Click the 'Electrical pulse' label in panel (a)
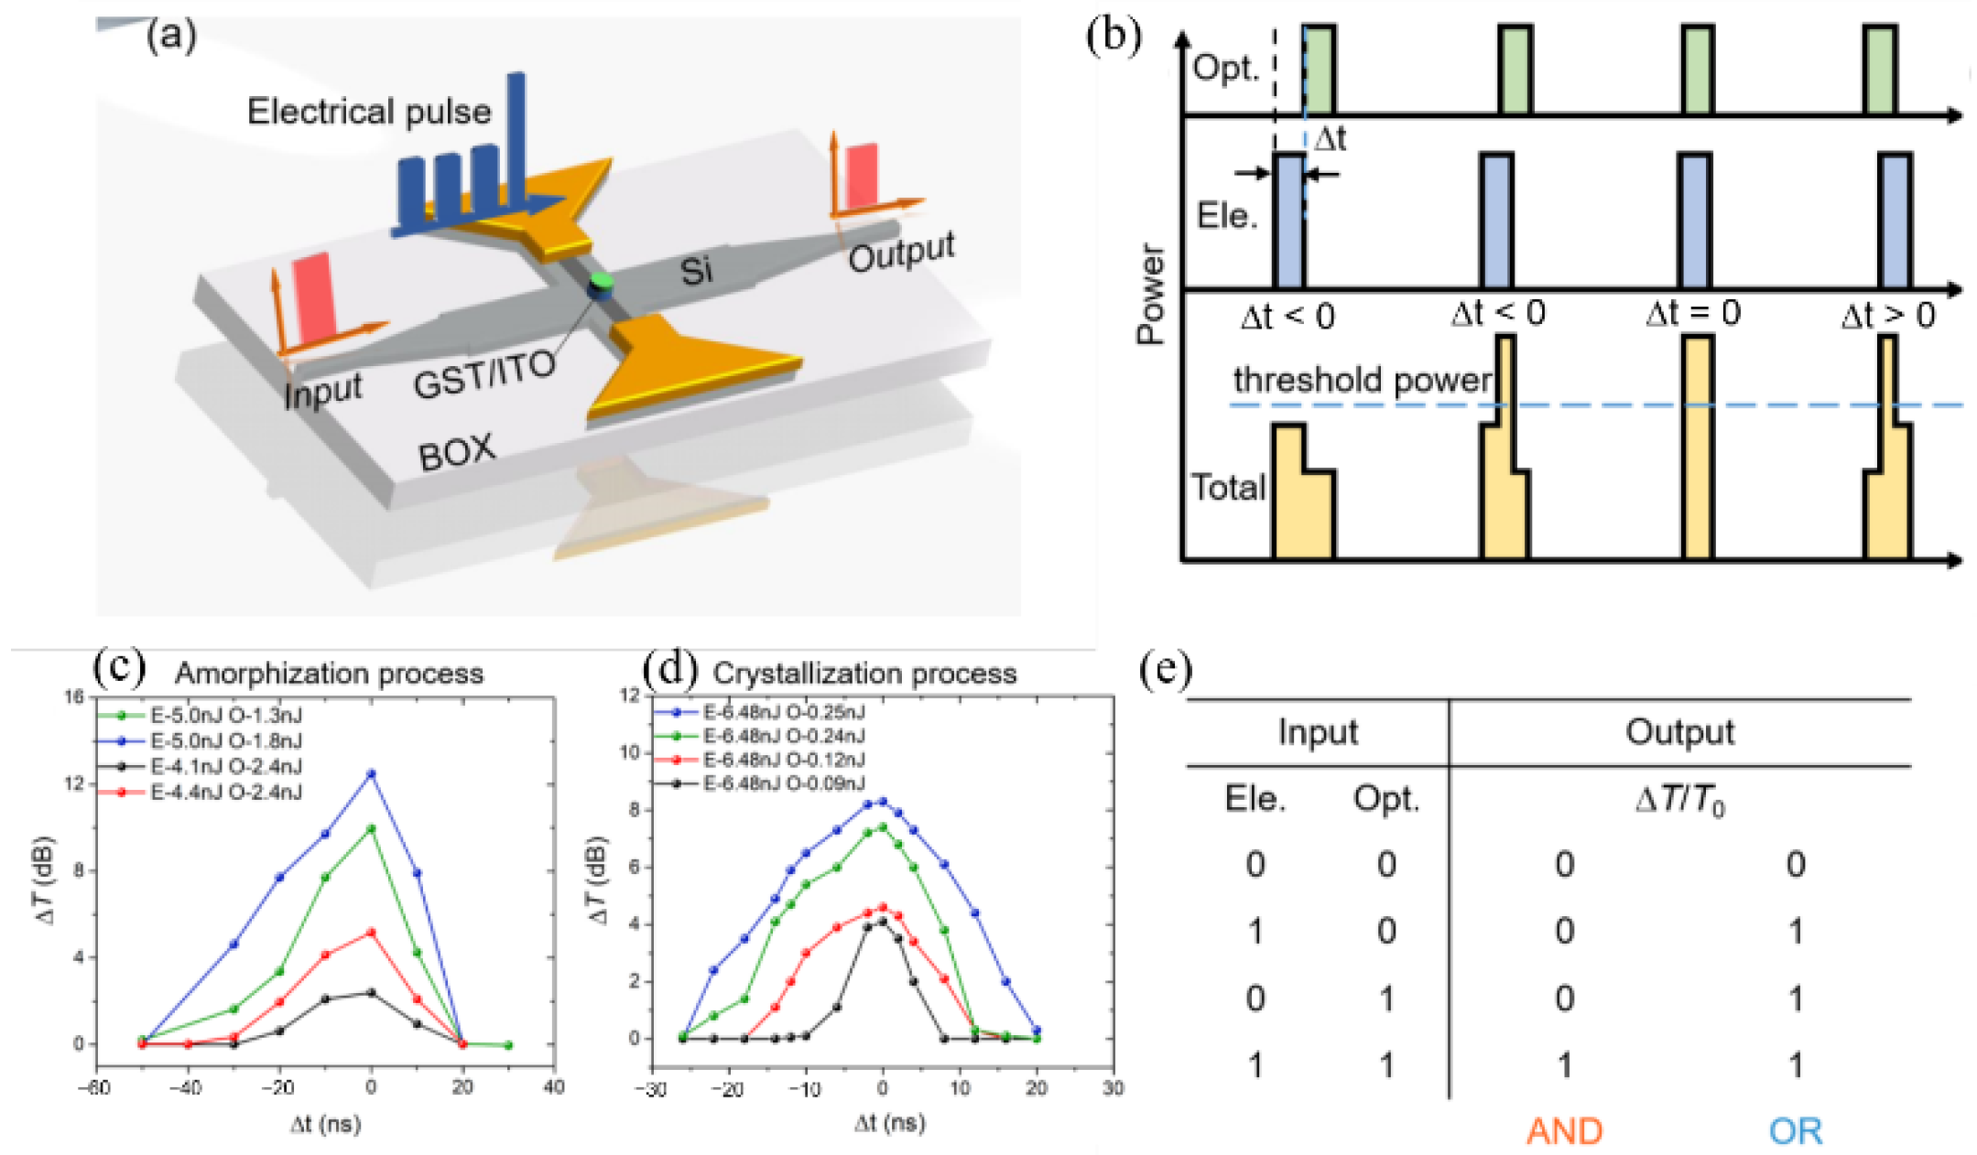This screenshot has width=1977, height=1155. tap(369, 112)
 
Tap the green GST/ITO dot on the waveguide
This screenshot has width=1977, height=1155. tap(601, 279)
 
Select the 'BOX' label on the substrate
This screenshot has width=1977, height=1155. tap(456, 452)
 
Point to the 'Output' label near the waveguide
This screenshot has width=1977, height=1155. tap(901, 252)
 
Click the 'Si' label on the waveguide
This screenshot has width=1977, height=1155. tap(696, 271)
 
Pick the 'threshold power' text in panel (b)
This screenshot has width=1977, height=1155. tap(1362, 379)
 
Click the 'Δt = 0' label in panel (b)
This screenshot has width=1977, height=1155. tap(1692, 314)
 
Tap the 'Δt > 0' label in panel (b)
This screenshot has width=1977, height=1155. tap(1888, 316)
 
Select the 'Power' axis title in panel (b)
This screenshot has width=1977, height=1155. tap(1151, 293)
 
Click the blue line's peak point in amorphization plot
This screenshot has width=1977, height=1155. tap(371, 773)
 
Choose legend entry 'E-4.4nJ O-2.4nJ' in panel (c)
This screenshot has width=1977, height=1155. tap(225, 792)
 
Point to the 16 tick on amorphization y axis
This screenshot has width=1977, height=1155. tap(75, 697)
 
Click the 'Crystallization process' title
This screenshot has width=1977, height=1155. tap(864, 674)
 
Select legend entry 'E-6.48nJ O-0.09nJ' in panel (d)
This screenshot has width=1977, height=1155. tap(783, 783)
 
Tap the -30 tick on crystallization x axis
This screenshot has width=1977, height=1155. tap(652, 1089)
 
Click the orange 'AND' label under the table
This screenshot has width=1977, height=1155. tap(1564, 1132)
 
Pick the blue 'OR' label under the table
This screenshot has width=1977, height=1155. tap(1795, 1132)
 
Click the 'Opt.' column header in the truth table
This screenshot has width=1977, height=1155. tap(1385, 799)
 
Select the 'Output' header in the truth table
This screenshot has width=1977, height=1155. tap(1679, 732)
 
